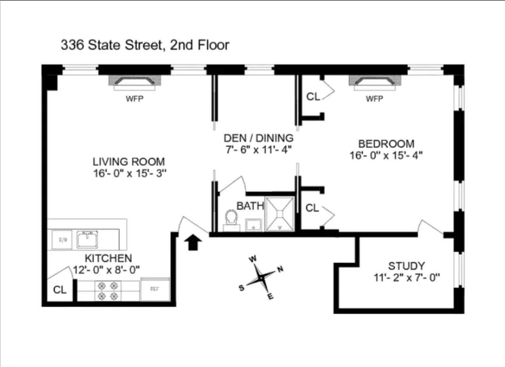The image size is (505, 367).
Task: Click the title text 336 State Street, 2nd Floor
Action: point(145,45)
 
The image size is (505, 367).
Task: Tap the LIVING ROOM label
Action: point(129,161)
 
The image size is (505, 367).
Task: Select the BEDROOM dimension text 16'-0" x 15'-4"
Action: point(386,156)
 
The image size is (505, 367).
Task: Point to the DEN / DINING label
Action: point(258,138)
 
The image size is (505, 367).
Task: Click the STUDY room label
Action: point(406,266)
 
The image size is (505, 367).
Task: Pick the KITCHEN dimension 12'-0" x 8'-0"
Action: point(106,270)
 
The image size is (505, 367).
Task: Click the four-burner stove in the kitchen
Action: point(108,291)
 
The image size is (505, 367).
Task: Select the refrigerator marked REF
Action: point(155,289)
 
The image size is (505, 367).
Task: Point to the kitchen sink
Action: point(87,239)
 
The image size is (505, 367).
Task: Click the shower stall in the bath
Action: point(280,214)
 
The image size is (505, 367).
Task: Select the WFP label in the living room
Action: point(135,99)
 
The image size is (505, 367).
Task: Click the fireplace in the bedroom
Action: point(375,83)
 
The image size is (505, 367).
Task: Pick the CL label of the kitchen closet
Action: point(60,290)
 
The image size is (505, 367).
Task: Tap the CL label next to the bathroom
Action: point(312,208)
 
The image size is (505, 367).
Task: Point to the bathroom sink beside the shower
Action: point(254,224)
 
